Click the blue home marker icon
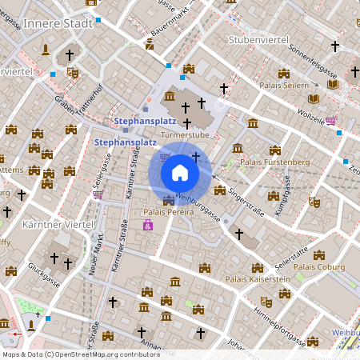point(180,172)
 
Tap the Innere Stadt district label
point(58,23)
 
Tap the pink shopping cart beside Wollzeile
point(330,122)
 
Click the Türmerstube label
point(185,136)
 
